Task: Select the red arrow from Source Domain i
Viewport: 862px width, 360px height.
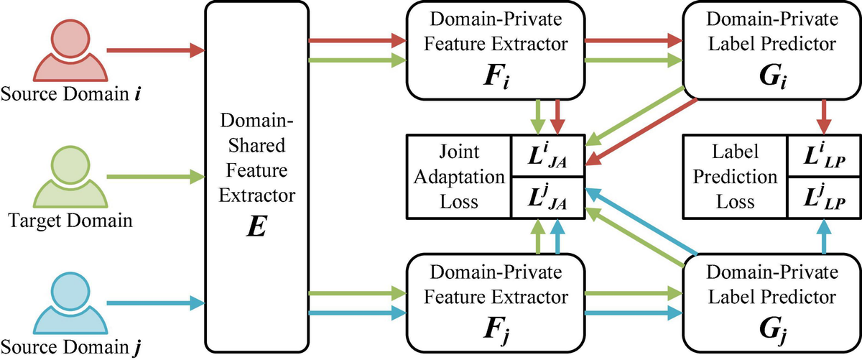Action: (154, 51)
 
